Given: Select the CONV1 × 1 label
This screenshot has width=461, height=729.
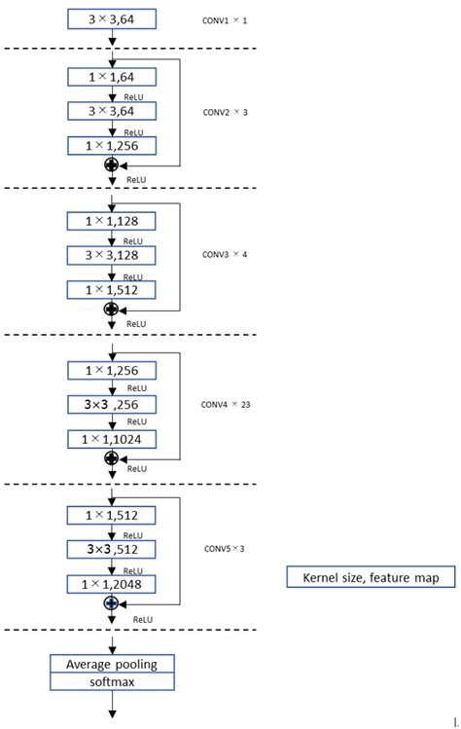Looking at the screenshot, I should [225, 19].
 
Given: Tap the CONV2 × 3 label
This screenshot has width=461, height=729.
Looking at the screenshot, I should [225, 111].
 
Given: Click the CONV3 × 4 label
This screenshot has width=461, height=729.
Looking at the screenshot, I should [225, 255].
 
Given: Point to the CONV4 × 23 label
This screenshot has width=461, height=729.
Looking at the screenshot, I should [227, 403].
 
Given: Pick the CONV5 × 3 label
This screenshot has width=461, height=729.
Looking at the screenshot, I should [224, 549].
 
